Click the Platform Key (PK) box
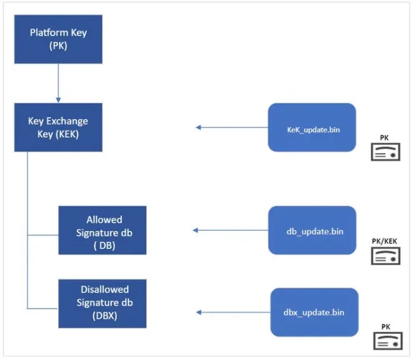58,39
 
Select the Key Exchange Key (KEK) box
58,128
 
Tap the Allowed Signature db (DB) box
102,230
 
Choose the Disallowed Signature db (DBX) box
102,303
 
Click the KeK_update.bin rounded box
312,128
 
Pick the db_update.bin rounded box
312,230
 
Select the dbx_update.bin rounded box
315,312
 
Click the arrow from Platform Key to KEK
58,83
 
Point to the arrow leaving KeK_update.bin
232,128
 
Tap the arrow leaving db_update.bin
231,230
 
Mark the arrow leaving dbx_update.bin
233,312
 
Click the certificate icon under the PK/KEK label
386,256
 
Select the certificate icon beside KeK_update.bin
386,152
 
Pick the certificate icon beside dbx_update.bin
388,341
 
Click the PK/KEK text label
384,241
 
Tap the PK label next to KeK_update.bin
384,138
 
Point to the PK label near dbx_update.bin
386,327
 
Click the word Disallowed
105,290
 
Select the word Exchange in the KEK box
67,121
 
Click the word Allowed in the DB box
104,220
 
